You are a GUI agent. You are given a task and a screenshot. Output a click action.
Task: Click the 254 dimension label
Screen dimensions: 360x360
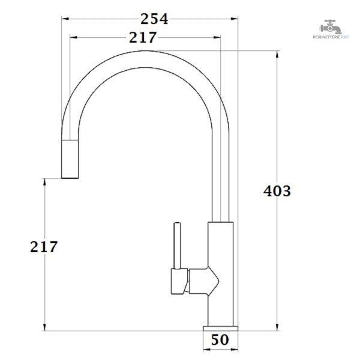[x=154, y=19]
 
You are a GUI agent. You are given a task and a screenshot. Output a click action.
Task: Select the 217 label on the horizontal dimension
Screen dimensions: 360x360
[x=143, y=37]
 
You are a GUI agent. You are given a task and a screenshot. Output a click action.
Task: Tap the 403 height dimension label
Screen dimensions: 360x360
[x=277, y=191]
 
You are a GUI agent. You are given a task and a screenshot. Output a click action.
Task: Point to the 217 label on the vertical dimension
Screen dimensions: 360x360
[x=44, y=247]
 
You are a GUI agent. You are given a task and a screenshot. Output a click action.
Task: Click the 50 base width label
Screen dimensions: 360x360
[x=220, y=340]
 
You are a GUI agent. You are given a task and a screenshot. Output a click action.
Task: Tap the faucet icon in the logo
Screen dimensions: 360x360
[x=330, y=27]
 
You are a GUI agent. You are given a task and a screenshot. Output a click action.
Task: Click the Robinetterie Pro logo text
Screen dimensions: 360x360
[x=331, y=37]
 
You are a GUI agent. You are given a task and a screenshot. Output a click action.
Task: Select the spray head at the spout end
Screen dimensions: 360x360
[x=70, y=159]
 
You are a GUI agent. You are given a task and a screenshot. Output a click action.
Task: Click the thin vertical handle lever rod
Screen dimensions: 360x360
[x=177, y=245]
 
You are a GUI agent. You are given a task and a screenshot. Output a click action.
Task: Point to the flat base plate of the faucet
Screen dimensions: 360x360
[x=220, y=328]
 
